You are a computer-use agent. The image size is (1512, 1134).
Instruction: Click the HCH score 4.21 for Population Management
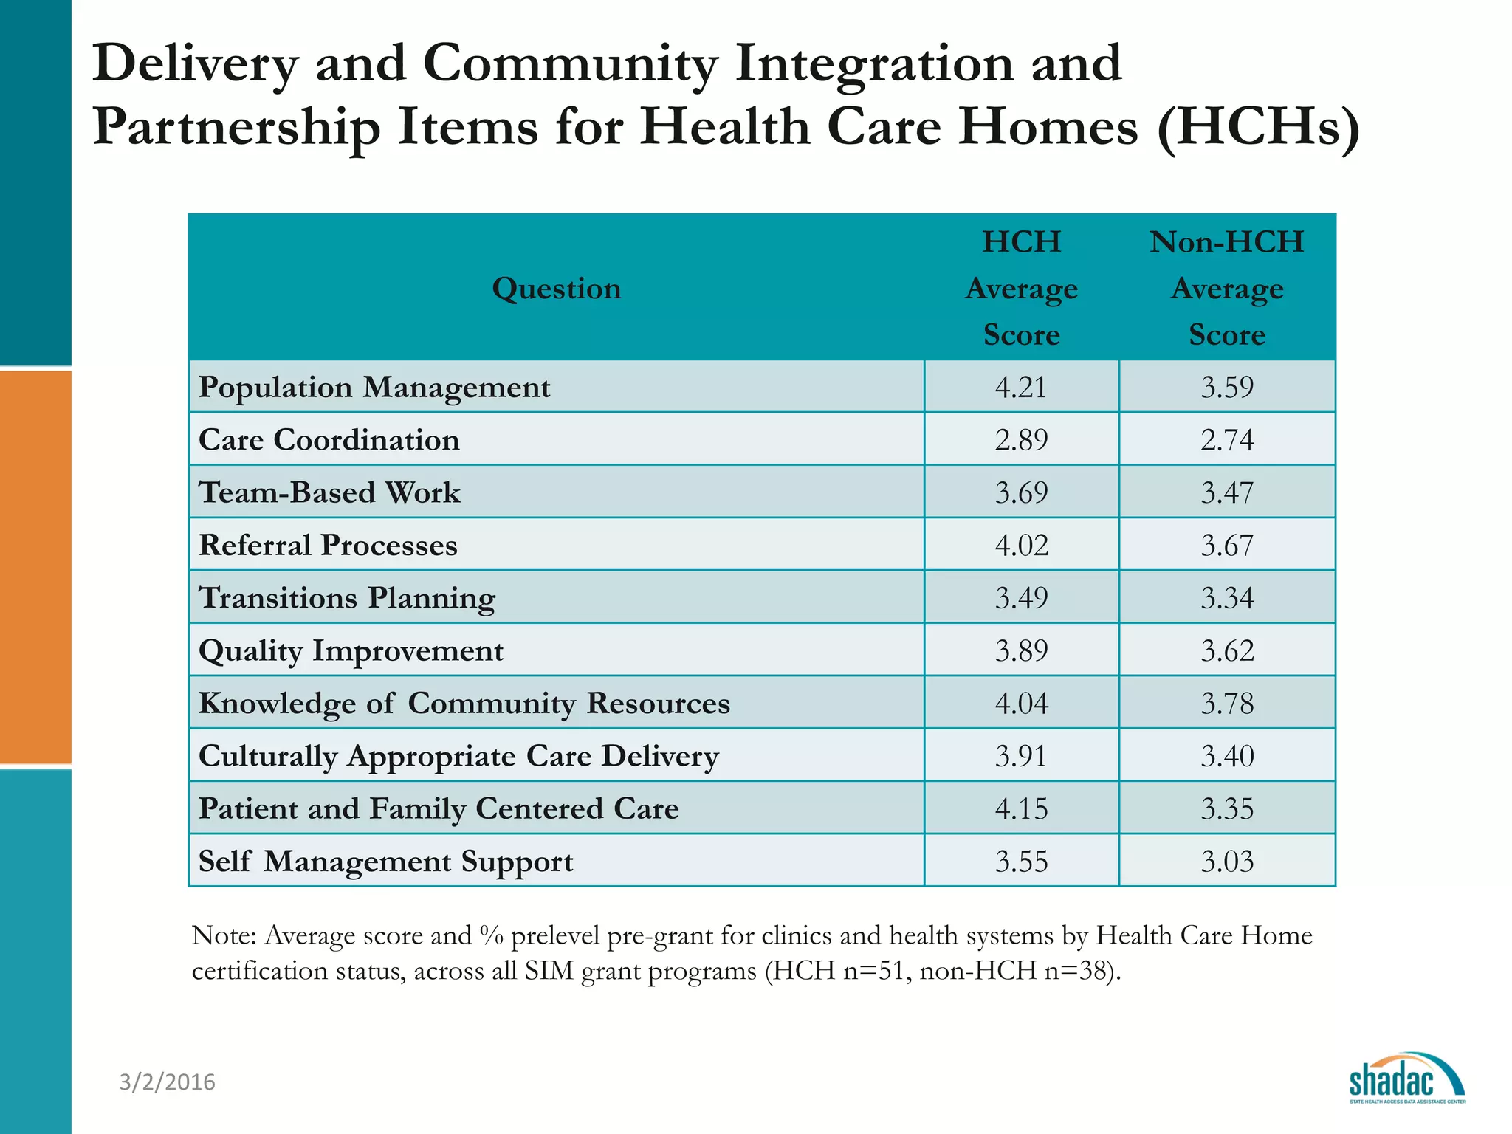coord(1021,387)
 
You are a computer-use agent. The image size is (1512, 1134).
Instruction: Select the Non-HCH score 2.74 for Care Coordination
coord(1227,440)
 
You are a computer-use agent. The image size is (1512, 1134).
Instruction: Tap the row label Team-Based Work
coord(329,492)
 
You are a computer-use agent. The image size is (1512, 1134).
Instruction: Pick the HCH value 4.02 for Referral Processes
coord(1021,546)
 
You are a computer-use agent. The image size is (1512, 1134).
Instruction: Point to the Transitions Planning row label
coord(347,598)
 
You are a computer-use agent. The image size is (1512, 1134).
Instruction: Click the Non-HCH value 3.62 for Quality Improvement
coord(1227,650)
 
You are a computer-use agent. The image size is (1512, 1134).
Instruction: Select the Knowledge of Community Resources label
coord(464,704)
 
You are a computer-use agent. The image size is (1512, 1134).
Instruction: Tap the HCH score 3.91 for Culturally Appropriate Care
coord(1021,756)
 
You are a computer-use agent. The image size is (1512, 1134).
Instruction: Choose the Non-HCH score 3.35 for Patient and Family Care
coord(1227,809)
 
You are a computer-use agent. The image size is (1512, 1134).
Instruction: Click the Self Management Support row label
coord(385,862)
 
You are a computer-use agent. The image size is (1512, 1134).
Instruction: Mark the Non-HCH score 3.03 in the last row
coord(1227,862)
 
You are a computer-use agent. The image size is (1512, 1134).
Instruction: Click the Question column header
coord(557,288)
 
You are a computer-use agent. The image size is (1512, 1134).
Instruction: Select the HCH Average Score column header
coord(1021,288)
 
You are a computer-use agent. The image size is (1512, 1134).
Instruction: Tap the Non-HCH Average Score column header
coord(1227,288)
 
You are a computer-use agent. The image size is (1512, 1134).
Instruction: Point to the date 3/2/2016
coord(168,1082)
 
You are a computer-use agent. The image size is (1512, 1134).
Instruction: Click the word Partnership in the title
coord(236,127)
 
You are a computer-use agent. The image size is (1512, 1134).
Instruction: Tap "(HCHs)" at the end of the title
coord(1258,127)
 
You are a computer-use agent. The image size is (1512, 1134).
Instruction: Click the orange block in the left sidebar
coord(35,566)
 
